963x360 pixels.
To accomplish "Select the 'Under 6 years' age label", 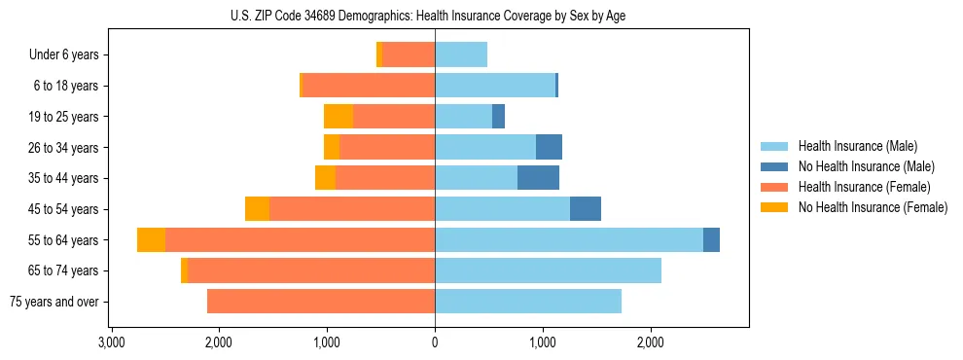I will pos(63,55).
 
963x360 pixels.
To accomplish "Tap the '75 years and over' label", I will pos(53,302).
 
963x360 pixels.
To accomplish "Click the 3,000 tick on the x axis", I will pos(112,342).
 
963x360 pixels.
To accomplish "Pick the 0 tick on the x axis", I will pos(435,342).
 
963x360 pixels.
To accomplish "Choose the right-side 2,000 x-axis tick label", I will pos(650,342).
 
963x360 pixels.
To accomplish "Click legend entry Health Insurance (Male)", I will pos(857,146).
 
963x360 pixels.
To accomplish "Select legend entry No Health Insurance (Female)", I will pos(873,207).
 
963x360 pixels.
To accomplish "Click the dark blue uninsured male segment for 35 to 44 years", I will pos(538,178).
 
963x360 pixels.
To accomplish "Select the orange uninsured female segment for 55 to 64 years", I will pos(151,240).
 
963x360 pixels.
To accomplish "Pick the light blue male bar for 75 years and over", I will pos(528,302).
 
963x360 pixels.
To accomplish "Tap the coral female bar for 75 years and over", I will pos(321,302).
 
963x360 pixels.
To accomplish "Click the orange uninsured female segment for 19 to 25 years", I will pos(339,117).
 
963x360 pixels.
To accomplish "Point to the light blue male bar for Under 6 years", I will pos(461,55).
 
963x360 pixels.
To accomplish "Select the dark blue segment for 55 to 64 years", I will pos(711,240).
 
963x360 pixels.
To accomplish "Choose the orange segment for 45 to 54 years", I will pos(257,209).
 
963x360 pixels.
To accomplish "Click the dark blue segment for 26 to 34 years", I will pos(549,148).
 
